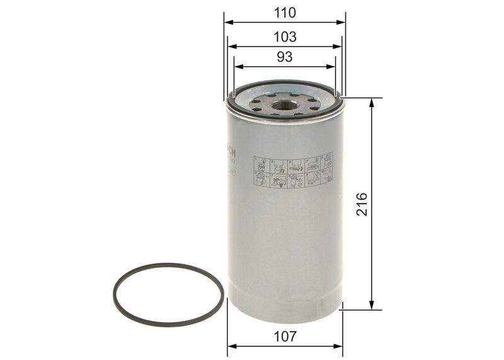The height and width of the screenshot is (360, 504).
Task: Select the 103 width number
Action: [x=285, y=37]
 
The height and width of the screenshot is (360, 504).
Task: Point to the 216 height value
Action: [x=361, y=204]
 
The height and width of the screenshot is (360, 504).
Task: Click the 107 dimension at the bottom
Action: [x=285, y=337]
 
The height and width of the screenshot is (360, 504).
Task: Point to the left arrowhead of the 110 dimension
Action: [x=227, y=22]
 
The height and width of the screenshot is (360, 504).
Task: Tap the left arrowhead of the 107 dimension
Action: [x=230, y=346]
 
